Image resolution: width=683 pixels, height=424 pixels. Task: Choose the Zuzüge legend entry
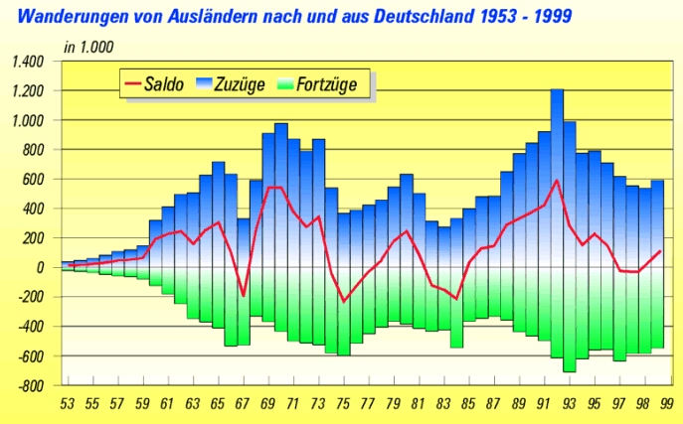(x=239, y=84)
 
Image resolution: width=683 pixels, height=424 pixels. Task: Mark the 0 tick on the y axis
(x=40, y=268)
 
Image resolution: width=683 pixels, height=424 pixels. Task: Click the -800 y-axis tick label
(x=29, y=386)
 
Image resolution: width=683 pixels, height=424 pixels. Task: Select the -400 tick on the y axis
(x=29, y=327)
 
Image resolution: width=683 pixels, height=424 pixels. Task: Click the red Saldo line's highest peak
(x=557, y=181)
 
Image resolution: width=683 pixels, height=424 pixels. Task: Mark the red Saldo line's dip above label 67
(x=244, y=295)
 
